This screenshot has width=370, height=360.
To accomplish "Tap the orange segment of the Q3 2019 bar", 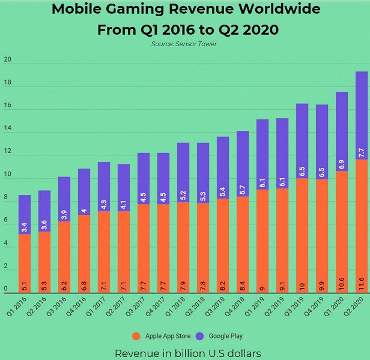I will (302, 234).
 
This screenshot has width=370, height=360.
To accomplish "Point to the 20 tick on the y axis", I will (7, 60).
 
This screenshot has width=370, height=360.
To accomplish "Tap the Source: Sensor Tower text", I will (185, 44).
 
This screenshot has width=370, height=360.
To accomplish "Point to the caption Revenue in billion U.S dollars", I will (187, 353).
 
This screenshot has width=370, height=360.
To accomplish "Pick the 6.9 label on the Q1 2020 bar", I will (341, 163).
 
